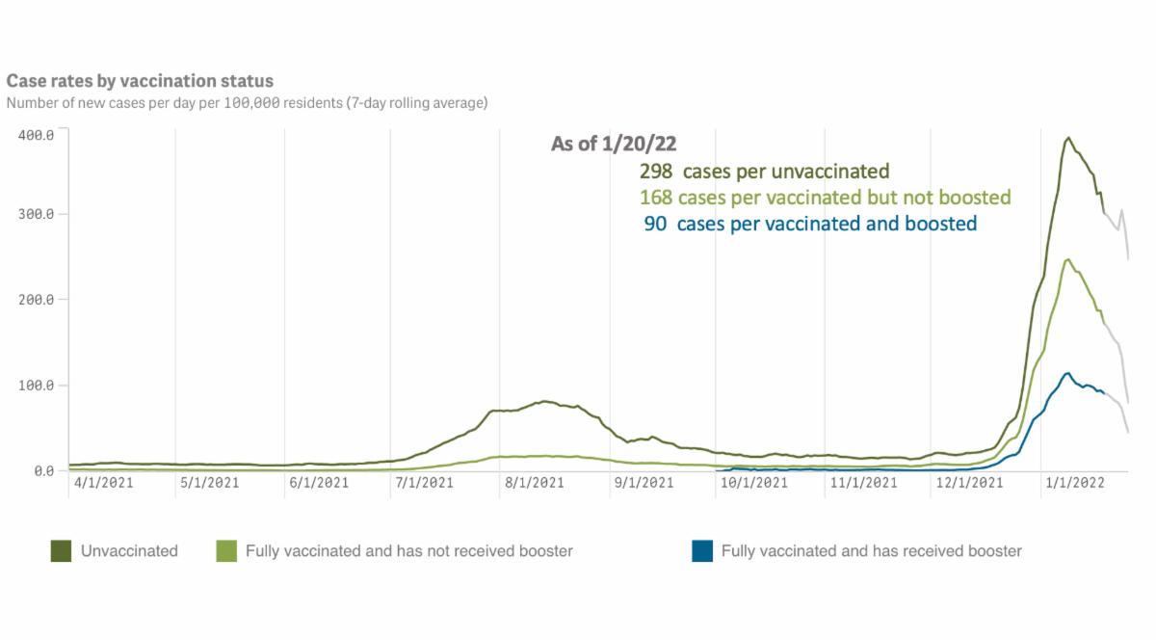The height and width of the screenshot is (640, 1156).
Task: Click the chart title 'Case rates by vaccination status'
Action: [x=140, y=82]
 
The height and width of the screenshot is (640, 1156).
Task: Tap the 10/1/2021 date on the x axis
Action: [x=748, y=483]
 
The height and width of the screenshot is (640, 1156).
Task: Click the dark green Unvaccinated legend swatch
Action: [x=62, y=551]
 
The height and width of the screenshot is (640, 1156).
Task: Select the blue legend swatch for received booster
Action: [x=702, y=551]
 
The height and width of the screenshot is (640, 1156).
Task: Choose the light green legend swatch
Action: [x=226, y=551]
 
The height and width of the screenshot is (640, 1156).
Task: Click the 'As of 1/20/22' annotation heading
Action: [x=614, y=145]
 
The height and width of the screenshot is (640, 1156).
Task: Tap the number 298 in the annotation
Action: [x=655, y=173]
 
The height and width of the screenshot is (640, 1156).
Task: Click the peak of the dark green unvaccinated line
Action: [x=1068, y=138]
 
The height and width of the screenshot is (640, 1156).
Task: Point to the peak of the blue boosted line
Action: [x=1067, y=373]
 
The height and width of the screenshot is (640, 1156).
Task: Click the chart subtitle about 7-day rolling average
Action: [x=247, y=102]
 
